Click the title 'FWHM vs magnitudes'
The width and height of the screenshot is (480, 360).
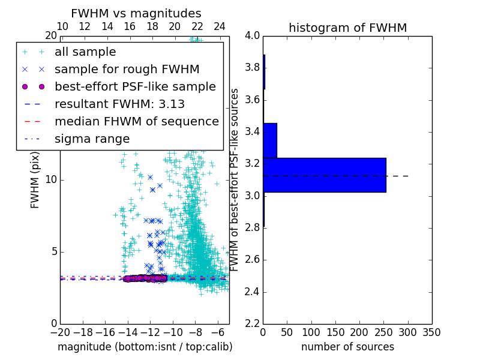point(136,14)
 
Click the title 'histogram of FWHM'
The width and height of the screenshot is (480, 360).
point(347,28)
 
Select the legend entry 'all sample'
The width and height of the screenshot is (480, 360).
point(85,52)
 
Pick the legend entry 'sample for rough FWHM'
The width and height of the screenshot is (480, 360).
point(127,69)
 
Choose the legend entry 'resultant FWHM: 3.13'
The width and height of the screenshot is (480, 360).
point(119,104)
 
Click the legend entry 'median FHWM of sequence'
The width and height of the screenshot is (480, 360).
point(136,121)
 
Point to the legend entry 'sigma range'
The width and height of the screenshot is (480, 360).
point(92,139)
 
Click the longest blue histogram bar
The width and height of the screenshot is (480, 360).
point(324,175)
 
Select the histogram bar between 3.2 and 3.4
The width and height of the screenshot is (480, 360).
point(270,140)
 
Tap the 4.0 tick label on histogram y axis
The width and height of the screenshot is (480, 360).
point(253,35)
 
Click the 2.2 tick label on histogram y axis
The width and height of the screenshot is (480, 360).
point(253,324)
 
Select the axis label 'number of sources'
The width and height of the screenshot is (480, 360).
point(347,347)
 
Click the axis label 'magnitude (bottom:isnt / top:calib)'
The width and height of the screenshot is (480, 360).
point(145,347)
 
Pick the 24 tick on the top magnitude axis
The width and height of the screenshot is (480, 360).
point(220,26)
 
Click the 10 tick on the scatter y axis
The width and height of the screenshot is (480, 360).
point(50,179)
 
